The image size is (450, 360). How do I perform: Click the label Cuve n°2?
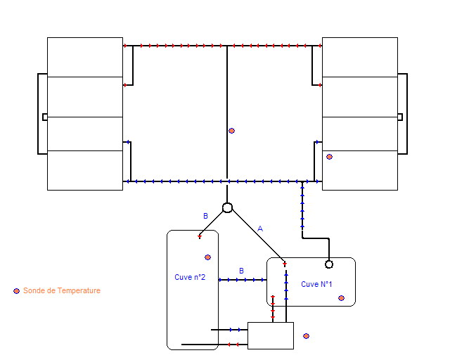point(190,277)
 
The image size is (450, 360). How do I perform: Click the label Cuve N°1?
point(316,284)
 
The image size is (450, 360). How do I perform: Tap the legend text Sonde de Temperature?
point(62,290)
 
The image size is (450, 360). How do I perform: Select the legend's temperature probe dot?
point(16,290)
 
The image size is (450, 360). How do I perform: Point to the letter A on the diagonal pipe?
point(259,229)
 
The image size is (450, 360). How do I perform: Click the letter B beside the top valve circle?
point(205,216)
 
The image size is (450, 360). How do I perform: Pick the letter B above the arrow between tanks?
point(241,271)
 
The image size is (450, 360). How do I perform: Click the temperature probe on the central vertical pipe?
point(231,131)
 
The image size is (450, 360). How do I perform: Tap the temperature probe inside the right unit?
point(329,157)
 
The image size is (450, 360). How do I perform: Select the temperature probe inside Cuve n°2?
point(207,257)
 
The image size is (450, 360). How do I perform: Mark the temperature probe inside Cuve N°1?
point(341,298)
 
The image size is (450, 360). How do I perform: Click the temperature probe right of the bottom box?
point(306,336)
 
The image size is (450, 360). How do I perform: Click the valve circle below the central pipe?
point(227,207)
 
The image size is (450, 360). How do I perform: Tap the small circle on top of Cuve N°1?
point(328,264)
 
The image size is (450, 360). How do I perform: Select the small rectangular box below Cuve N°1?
point(271,335)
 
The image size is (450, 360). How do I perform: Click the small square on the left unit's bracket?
point(45,117)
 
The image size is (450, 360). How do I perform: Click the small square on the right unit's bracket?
point(400,117)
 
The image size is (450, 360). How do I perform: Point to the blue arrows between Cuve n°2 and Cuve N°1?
point(243,280)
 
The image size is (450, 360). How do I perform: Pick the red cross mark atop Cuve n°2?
point(200,236)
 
